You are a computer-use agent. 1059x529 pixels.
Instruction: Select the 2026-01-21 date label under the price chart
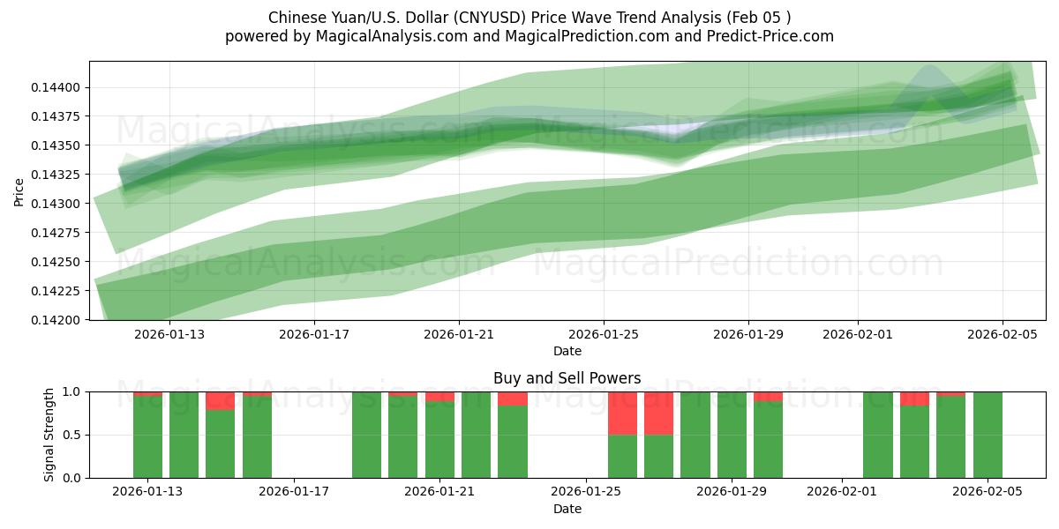(x=459, y=335)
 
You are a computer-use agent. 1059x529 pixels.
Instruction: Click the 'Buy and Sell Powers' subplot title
(x=567, y=378)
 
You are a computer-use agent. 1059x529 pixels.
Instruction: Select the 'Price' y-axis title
(x=19, y=190)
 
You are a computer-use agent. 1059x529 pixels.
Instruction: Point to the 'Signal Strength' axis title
(x=49, y=435)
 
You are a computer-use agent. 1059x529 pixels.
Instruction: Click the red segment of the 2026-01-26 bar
(x=623, y=413)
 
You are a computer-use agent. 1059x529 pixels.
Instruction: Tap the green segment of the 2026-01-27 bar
(x=659, y=456)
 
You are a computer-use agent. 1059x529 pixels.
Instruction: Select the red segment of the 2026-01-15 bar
(x=221, y=401)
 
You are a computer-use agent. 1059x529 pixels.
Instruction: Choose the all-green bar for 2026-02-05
(x=988, y=435)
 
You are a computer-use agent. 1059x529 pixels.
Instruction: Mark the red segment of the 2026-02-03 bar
(x=915, y=399)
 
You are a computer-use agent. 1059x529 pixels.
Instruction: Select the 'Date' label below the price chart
(x=567, y=351)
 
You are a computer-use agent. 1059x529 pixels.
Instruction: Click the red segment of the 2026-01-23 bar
(x=513, y=399)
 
